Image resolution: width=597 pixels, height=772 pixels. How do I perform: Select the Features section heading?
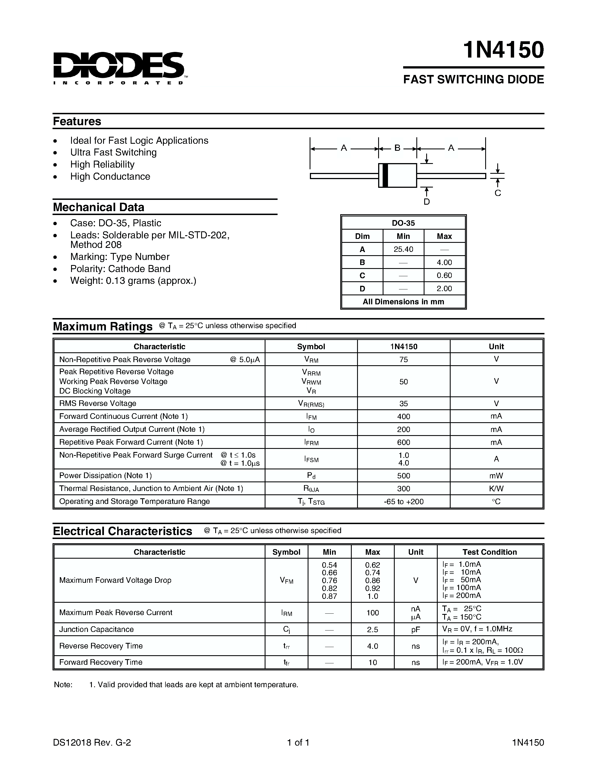(77, 121)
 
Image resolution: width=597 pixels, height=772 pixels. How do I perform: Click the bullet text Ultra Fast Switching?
(113, 152)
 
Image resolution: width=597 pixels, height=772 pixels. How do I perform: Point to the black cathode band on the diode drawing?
(385, 175)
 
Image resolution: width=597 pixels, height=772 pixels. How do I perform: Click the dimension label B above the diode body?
(397, 148)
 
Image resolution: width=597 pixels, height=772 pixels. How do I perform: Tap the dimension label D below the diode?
(426, 202)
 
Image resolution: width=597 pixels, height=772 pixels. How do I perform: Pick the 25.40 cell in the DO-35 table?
(403, 249)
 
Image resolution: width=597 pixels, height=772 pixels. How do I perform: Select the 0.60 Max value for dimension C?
(444, 275)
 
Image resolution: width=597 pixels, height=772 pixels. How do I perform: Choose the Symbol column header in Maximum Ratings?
(311, 346)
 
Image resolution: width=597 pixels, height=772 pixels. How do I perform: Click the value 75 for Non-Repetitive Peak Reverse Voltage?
(403, 360)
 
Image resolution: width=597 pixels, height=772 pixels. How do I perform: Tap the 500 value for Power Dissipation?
(403, 476)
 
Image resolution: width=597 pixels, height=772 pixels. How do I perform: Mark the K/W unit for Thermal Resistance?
(496, 488)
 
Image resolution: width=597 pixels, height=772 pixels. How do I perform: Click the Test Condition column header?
(489, 552)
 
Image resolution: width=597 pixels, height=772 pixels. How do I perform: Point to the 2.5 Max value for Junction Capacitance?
(373, 630)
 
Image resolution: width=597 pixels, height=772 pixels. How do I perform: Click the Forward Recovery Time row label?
(101, 662)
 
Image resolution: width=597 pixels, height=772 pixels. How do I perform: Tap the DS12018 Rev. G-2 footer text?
(92, 742)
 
